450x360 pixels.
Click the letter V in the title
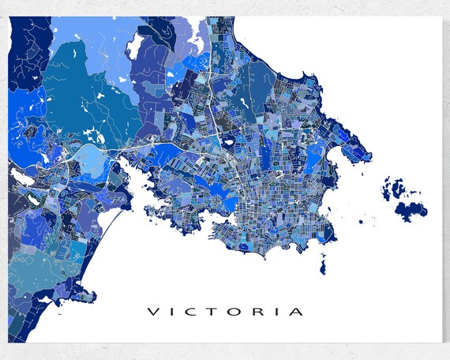click(x=153, y=311)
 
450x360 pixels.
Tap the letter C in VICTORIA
click(x=193, y=311)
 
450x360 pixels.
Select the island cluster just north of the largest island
click(x=391, y=189)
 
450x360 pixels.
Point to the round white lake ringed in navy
click(x=228, y=144)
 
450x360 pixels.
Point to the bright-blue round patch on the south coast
click(x=251, y=247)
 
